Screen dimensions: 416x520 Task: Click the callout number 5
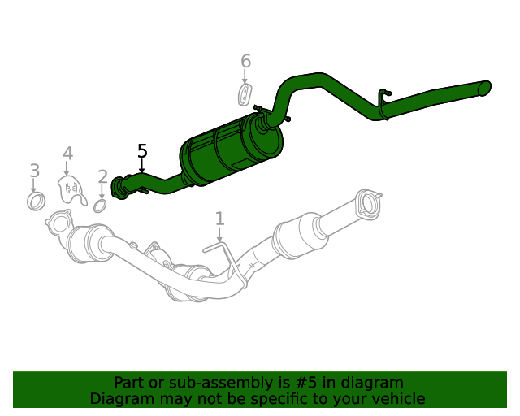pos(142,151)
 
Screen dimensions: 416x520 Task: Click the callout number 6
pos(245,62)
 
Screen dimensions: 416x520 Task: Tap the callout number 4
pos(67,154)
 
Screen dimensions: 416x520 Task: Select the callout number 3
pos(34,171)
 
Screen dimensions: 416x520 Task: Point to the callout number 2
pos(102,177)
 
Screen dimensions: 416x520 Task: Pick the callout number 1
pos(219,218)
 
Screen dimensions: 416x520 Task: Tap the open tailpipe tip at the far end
pos(485,87)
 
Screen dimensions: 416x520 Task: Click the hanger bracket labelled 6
pos(245,94)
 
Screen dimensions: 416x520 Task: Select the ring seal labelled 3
pos(36,201)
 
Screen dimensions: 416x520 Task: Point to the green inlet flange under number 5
pos(120,187)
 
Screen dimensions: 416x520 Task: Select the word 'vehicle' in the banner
pos(398,399)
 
